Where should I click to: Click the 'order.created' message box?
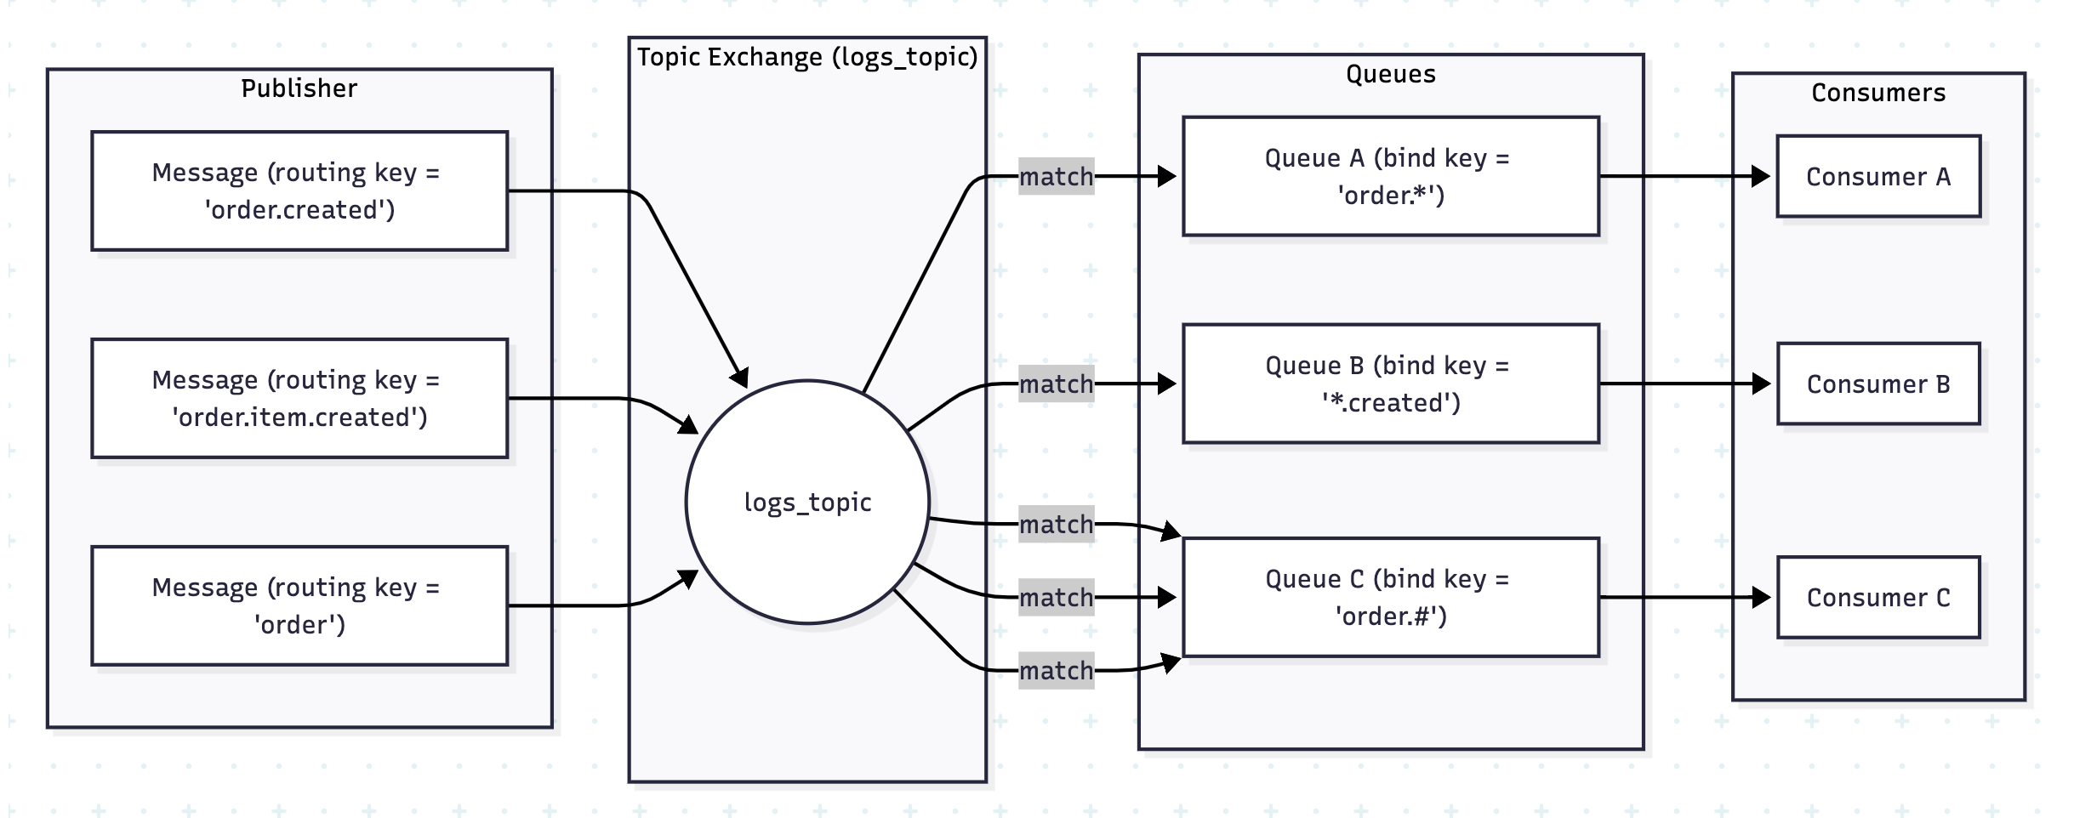click(299, 190)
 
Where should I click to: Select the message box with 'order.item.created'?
click(299, 398)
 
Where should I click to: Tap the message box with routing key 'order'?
click(299, 605)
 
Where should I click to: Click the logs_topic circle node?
click(807, 502)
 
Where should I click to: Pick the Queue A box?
click(1390, 176)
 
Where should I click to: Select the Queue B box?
click(1390, 383)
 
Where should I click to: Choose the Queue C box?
click(1390, 597)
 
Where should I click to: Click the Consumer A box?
click(1877, 176)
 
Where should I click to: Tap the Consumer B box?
click(1877, 383)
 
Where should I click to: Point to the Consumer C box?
click(1877, 597)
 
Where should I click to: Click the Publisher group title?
click(299, 88)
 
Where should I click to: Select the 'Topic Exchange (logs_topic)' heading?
click(807, 57)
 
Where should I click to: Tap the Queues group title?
click(1390, 74)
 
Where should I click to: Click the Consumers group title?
click(1877, 93)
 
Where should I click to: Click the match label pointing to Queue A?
click(1056, 177)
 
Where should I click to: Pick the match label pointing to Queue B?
click(1056, 384)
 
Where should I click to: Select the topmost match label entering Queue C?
click(1056, 525)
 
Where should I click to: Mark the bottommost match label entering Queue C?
click(1056, 671)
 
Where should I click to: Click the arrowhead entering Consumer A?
click(1761, 176)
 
